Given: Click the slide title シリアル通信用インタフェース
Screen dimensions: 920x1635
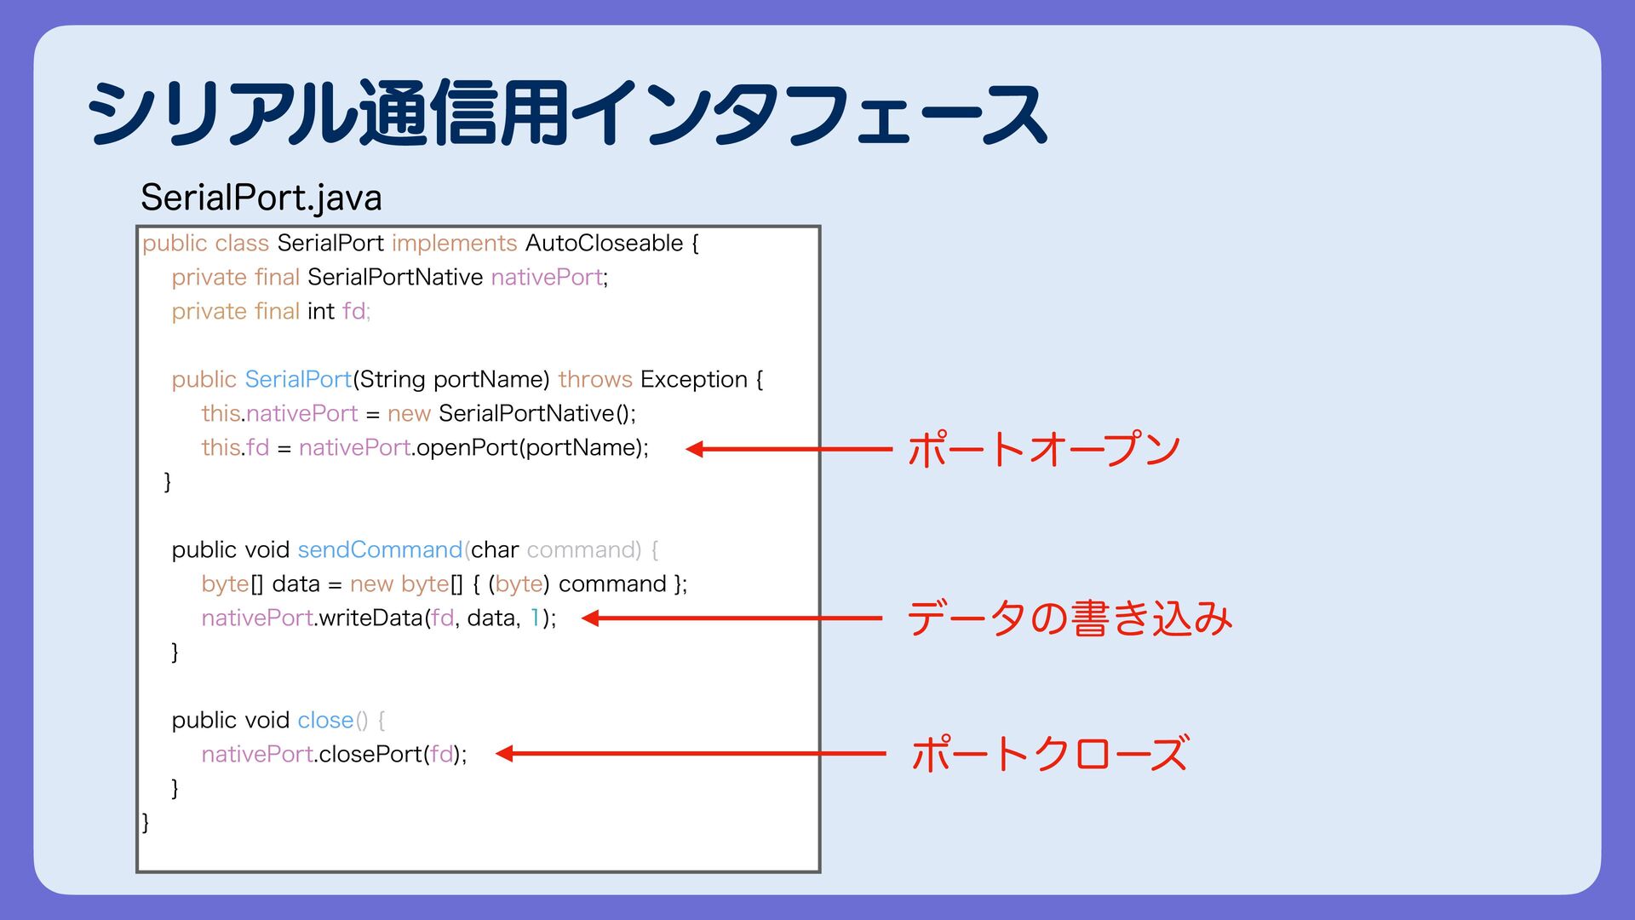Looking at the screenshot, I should [x=566, y=113].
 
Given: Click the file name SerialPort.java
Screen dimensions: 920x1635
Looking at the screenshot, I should [x=261, y=198].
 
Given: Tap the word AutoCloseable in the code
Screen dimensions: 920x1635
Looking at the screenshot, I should [x=604, y=244].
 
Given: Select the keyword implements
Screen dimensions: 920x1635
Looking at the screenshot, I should [x=454, y=244].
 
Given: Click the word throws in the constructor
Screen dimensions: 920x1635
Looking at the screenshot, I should [x=595, y=380].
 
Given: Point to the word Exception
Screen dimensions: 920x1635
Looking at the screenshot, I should [x=693, y=380].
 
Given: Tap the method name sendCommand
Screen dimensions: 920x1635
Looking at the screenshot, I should [x=380, y=550].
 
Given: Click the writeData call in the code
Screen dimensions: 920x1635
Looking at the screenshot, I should [x=371, y=618].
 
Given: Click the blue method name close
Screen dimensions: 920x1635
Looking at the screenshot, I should [x=325, y=721].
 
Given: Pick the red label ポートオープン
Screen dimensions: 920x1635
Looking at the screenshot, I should [x=1044, y=449].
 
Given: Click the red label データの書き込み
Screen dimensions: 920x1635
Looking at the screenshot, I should [x=1070, y=618].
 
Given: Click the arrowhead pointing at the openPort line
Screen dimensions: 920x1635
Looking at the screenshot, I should [x=694, y=449].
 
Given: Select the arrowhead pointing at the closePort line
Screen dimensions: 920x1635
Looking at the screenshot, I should [x=504, y=754].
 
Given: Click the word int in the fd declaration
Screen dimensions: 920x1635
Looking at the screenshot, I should [x=321, y=312].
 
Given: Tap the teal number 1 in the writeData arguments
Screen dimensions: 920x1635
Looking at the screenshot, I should [x=535, y=618].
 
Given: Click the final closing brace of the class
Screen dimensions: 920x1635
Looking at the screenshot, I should [x=146, y=822].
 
